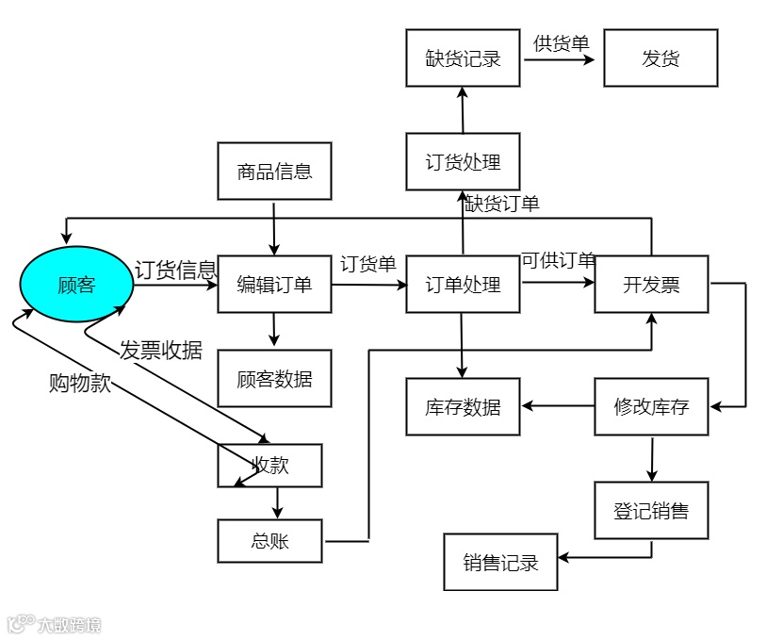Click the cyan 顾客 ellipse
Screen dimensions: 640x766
(76, 284)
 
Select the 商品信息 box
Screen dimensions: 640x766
(274, 172)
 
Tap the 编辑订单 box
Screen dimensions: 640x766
(274, 284)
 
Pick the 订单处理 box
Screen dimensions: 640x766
(463, 284)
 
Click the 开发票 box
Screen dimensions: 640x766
(651, 284)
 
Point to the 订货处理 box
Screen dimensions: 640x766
(463, 161)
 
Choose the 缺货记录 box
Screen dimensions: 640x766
(463, 57)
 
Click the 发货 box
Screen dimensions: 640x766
(660, 57)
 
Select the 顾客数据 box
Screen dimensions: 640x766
(274, 379)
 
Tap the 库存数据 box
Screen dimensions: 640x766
(463, 407)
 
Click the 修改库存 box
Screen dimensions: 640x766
(651, 407)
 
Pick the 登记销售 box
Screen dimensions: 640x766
(651, 511)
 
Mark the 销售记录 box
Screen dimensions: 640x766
(500, 563)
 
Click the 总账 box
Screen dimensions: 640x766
(269, 541)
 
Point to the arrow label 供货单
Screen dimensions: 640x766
(561, 43)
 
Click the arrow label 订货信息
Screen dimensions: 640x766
(175, 271)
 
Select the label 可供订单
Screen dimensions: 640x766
(558, 261)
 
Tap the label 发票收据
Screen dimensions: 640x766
(161, 350)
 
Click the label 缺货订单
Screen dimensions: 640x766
(502, 203)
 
